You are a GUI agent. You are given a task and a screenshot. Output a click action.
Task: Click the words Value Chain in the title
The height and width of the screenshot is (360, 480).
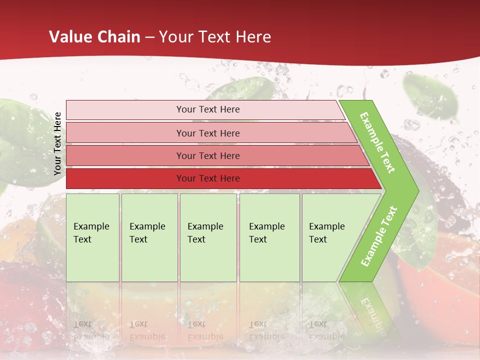[94, 37]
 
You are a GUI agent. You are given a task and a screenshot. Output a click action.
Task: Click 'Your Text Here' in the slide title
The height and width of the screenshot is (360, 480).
[215, 37]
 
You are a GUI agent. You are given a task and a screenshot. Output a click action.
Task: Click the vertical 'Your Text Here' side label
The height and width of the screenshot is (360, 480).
[57, 143]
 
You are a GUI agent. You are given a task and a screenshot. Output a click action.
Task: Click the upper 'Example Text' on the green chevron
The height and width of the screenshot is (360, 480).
[377, 142]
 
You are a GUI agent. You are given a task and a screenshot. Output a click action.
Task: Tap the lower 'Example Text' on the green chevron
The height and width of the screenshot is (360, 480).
[379, 236]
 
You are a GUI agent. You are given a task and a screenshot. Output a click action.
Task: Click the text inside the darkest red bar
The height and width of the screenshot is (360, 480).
[208, 178]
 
